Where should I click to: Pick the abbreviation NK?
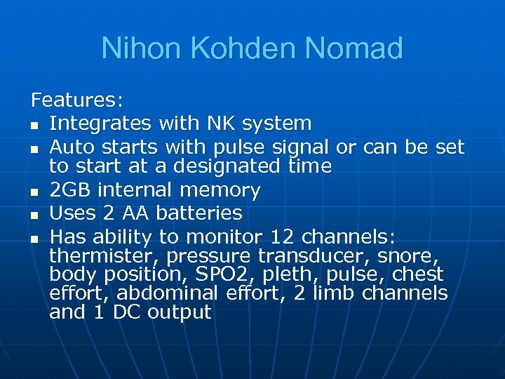[x=222, y=124]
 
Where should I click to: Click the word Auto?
[x=74, y=147]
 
